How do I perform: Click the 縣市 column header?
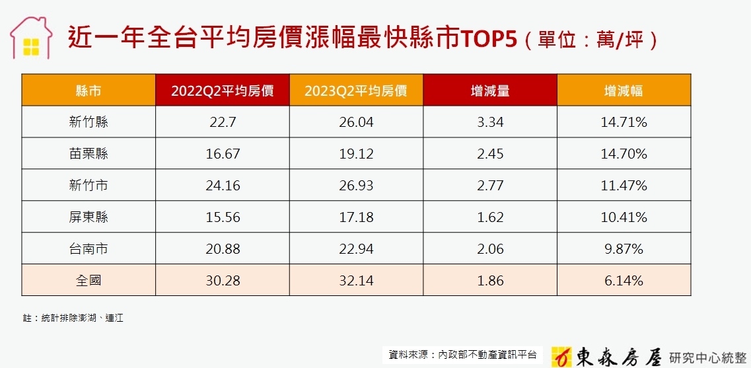(89, 90)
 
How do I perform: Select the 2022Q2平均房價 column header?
(222, 90)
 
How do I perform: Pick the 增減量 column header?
(489, 90)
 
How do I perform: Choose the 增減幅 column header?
(624, 90)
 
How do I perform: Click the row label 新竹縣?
(89, 122)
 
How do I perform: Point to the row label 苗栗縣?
(89, 153)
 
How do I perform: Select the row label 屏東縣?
(89, 217)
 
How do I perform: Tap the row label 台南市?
(89, 248)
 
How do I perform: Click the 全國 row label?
(89, 280)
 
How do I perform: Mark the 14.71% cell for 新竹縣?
(624, 122)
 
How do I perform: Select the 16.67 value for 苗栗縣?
(222, 153)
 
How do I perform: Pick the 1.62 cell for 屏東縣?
(489, 217)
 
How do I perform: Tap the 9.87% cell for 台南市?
(624, 248)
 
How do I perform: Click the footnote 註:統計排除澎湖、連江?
(73, 318)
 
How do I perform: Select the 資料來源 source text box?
(462, 355)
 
